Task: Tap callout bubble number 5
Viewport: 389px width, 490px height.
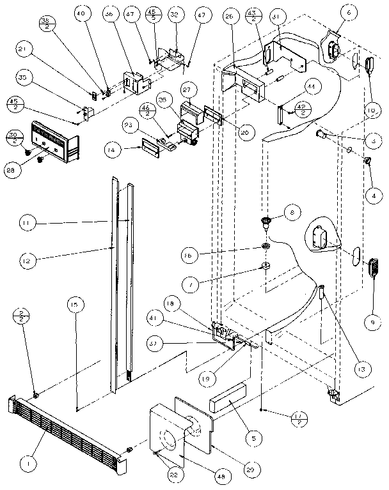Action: pos(254,438)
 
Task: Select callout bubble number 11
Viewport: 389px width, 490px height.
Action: pos(26,223)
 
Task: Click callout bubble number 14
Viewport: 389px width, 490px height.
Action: pos(113,150)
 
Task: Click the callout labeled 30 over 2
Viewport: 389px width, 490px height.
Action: pos(12,137)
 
